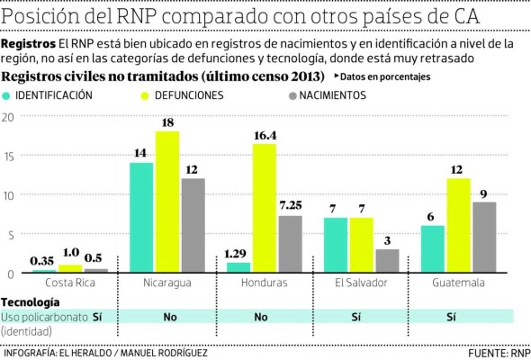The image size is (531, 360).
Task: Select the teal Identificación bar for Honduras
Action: click(238, 267)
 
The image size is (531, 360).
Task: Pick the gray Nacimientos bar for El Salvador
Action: click(387, 260)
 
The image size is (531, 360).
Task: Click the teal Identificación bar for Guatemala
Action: click(432, 249)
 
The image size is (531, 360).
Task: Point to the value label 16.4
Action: click(265, 136)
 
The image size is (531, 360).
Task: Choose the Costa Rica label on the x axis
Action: click(70, 283)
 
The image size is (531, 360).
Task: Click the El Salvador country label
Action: click(361, 283)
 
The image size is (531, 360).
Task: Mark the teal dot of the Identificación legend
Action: click(6, 96)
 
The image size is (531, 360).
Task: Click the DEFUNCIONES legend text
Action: click(189, 96)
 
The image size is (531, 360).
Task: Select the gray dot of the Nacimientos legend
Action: click(291, 96)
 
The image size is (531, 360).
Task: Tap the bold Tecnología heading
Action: click(31, 303)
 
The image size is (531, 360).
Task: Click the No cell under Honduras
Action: click(261, 317)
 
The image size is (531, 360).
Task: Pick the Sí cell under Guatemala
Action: click(450, 317)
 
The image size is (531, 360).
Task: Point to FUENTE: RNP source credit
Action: click(498, 353)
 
